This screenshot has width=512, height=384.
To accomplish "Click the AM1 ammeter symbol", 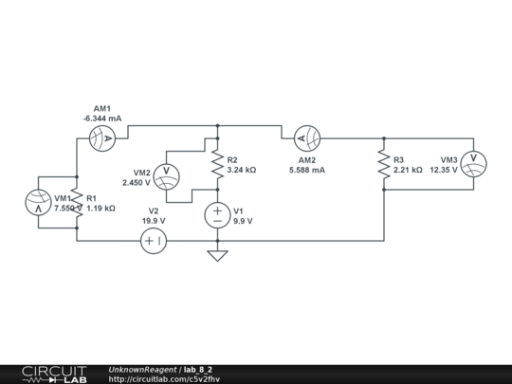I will tap(101, 138).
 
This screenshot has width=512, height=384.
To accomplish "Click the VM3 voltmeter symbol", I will tap(475, 164).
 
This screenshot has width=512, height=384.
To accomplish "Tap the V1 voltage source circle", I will tap(218, 215).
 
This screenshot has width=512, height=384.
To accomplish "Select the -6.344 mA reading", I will tap(102, 119).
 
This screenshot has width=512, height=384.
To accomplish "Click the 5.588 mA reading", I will tap(307, 171).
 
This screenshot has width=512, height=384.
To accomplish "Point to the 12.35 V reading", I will tap(443, 171).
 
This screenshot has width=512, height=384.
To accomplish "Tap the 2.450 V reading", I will tap(136, 181).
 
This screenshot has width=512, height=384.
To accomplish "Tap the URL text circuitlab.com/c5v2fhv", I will tap(165, 379).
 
